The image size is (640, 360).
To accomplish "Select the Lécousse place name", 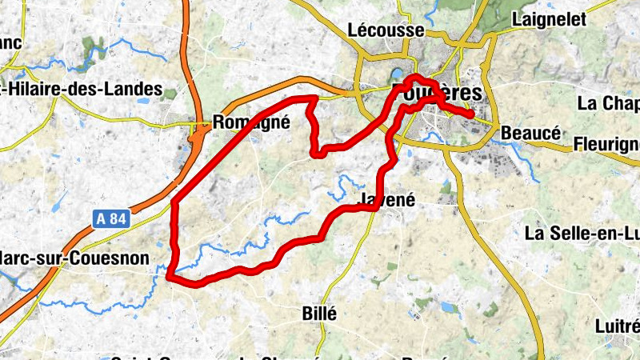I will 386,30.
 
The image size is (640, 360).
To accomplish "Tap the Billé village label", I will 320,313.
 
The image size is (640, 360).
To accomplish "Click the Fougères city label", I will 438,93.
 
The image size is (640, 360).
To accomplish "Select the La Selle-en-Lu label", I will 582,234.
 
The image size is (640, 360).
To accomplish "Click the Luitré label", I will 618,326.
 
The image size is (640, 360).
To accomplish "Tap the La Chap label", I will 608,104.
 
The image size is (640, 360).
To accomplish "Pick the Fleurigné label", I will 606,145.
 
